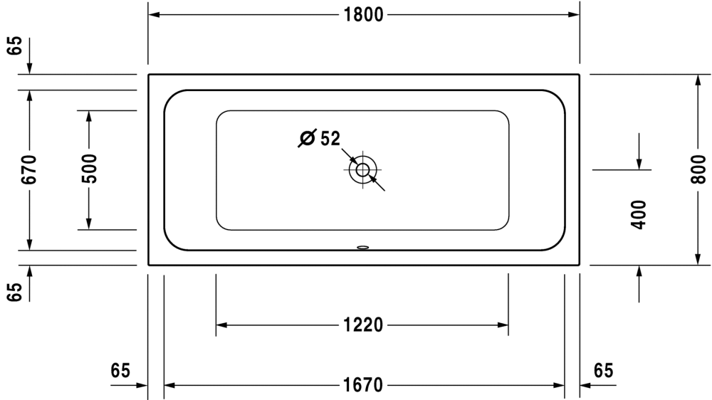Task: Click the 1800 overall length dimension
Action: [x=363, y=15]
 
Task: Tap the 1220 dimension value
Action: [x=363, y=325]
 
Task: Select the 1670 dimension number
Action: [x=363, y=386]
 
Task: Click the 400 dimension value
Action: [x=639, y=215]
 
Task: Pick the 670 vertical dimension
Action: [x=29, y=169]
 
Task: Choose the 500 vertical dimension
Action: [x=89, y=169]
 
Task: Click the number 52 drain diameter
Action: [x=330, y=139]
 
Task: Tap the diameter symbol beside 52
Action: [x=307, y=138]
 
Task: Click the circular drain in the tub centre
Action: [x=363, y=170]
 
